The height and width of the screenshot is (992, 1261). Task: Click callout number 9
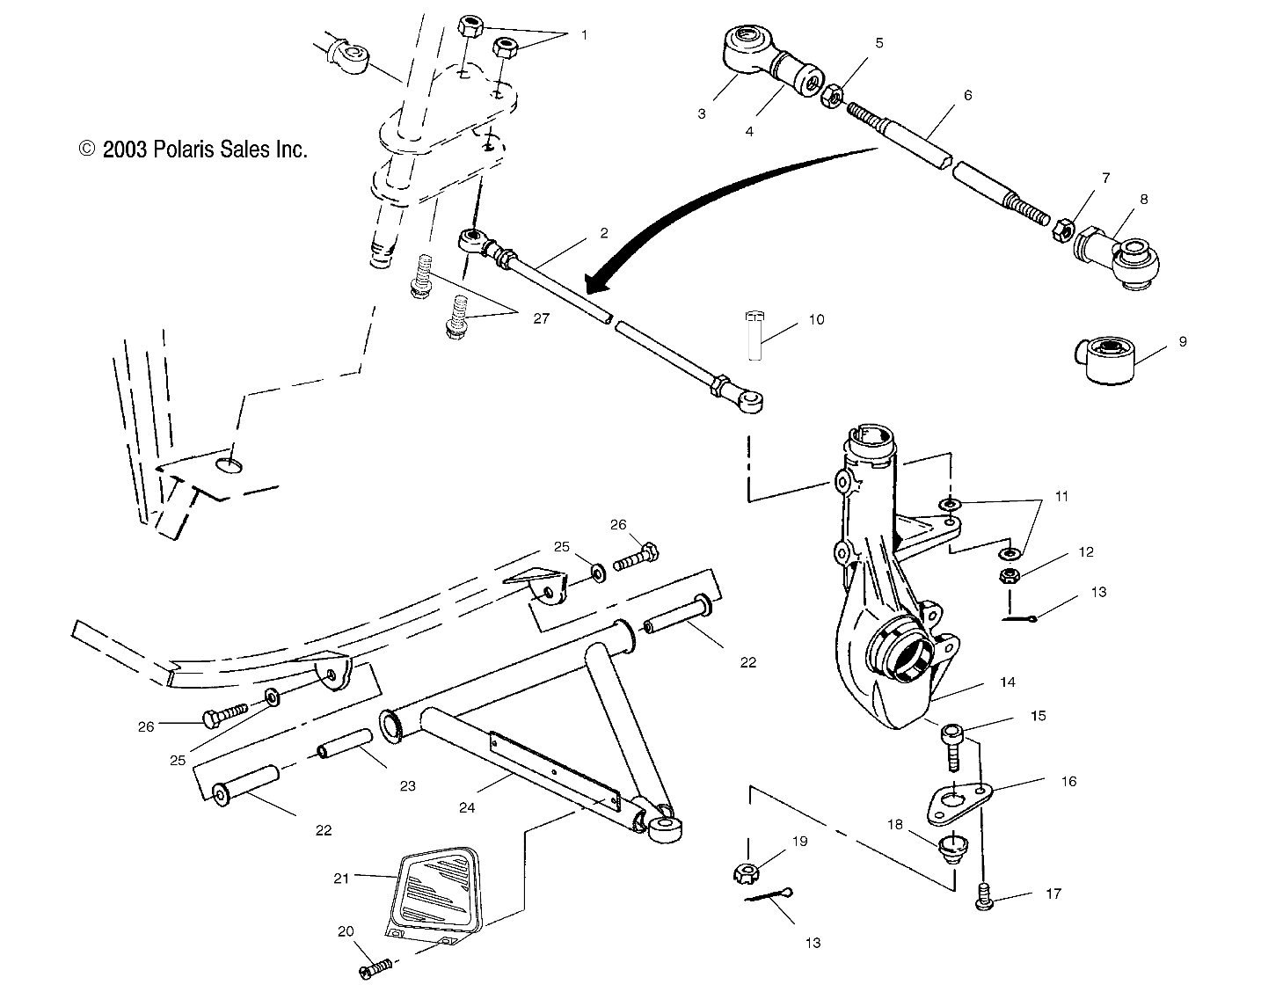(x=1183, y=341)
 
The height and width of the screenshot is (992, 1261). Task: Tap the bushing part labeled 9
(x=1104, y=360)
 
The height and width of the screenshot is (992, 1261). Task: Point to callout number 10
(x=817, y=319)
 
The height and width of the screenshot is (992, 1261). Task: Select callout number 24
(x=467, y=807)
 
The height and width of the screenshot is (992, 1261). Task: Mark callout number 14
(x=1008, y=682)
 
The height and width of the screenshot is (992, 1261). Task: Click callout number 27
(x=540, y=318)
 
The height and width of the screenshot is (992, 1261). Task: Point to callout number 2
(x=603, y=234)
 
